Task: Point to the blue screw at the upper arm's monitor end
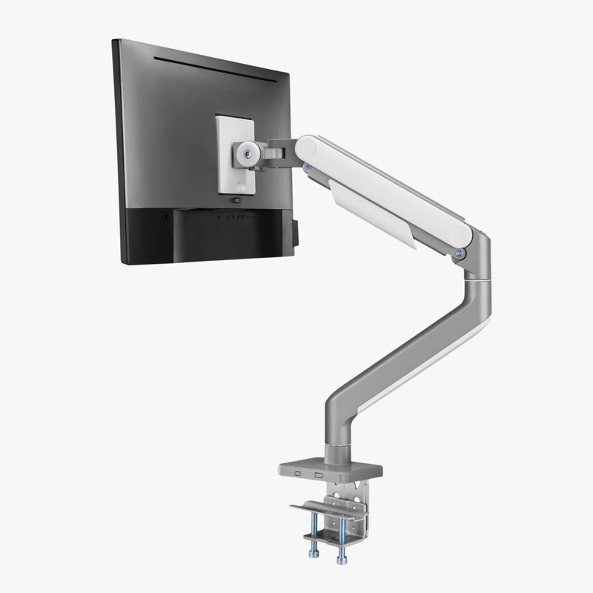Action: click(x=306, y=168)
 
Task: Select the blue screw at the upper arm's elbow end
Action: click(x=460, y=254)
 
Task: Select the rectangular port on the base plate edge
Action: click(x=319, y=476)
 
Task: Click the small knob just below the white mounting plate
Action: click(x=236, y=200)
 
